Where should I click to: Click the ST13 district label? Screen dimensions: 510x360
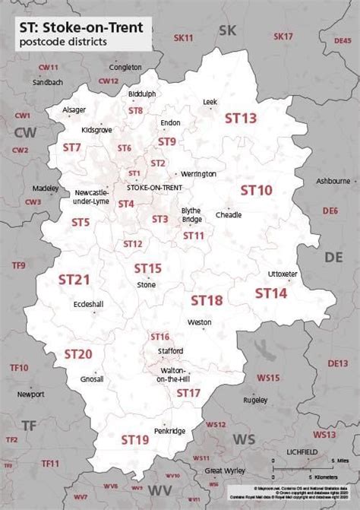click(x=241, y=118)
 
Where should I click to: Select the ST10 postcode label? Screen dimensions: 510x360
click(x=256, y=189)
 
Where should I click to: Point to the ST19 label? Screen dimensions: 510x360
click(x=134, y=439)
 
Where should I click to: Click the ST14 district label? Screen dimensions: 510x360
click(x=270, y=293)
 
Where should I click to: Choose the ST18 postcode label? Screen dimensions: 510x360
click(x=207, y=300)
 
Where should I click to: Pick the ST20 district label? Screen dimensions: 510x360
click(x=77, y=353)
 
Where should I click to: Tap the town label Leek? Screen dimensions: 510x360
click(x=210, y=101)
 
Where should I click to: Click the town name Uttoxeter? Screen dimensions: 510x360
click(x=283, y=274)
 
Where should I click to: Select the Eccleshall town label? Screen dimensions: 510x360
click(x=88, y=303)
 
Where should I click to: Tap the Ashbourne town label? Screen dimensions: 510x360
click(x=333, y=181)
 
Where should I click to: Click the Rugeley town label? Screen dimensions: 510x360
click(x=255, y=399)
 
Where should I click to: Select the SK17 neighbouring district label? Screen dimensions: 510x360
click(x=283, y=36)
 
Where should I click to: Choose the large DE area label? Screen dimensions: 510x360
click(x=333, y=258)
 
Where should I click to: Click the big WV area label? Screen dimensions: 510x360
click(x=159, y=489)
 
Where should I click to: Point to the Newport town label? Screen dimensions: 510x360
click(x=31, y=394)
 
